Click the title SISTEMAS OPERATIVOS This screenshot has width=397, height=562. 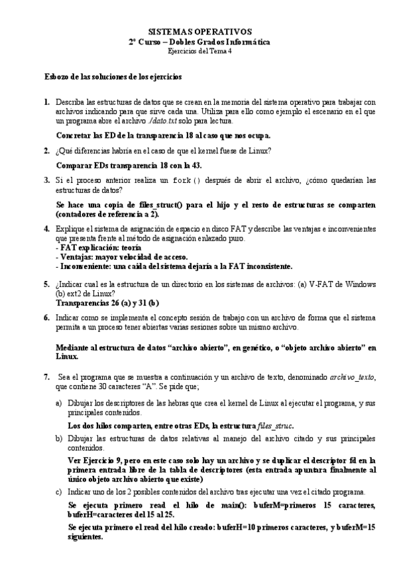(199, 31)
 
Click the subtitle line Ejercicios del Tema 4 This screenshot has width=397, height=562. (199, 50)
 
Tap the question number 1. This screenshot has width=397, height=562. (46, 103)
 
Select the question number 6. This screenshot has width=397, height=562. (46, 317)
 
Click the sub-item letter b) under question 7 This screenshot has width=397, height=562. (58, 438)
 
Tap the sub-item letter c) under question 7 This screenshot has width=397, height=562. (58, 492)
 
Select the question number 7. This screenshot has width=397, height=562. (46, 377)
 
